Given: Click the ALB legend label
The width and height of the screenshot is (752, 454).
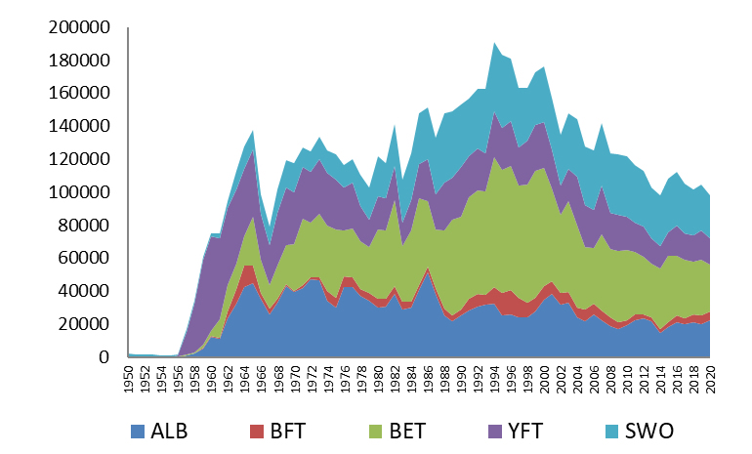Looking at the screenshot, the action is (x=169, y=431).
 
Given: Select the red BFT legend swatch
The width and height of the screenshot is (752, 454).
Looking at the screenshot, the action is (x=257, y=432).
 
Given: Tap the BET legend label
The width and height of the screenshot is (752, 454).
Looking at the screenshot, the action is (x=407, y=431).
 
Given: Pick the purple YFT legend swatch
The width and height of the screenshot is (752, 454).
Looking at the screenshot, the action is (x=495, y=432).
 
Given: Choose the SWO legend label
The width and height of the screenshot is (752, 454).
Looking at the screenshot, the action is (x=649, y=431).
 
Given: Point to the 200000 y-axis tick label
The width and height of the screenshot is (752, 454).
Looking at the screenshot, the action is (x=79, y=27).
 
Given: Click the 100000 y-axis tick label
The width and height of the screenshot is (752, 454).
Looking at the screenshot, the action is (x=79, y=192).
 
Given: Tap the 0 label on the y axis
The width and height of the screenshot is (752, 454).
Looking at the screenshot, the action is (x=104, y=357).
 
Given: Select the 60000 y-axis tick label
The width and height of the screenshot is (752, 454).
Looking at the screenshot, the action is (x=84, y=258).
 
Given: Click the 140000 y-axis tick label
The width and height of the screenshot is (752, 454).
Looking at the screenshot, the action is (x=79, y=126).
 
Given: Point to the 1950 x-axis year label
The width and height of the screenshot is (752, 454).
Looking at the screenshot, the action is (x=129, y=380).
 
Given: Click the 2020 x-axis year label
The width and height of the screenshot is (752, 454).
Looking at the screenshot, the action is (x=710, y=380).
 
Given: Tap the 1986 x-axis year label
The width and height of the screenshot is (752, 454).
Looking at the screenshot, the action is (x=428, y=380).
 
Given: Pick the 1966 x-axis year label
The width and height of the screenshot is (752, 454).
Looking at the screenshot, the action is (x=262, y=380).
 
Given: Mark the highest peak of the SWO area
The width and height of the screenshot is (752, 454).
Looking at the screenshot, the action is (x=494, y=43).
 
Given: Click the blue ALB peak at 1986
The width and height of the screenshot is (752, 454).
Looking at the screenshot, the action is (x=428, y=272).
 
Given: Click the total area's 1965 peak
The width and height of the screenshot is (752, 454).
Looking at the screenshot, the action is (x=253, y=131).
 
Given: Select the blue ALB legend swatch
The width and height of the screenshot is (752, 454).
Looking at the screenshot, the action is (x=137, y=432).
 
